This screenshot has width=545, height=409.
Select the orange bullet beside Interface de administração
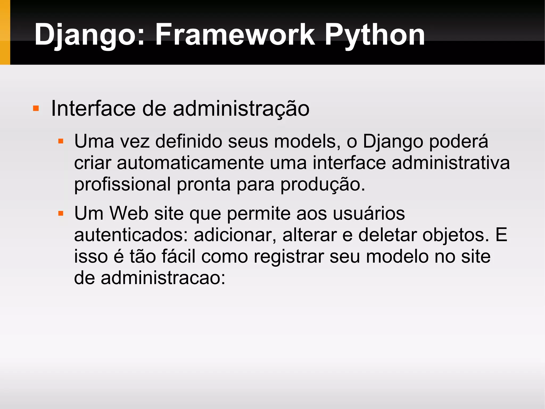(x=36, y=108)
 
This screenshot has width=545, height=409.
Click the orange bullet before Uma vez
(x=61, y=141)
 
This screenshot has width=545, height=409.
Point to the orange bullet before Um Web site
(x=61, y=213)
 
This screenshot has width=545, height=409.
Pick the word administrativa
(x=451, y=163)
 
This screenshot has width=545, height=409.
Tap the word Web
(x=129, y=213)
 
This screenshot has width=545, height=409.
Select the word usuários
(x=369, y=213)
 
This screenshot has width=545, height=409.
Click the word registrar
(x=289, y=257)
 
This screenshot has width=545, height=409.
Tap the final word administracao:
(x=163, y=278)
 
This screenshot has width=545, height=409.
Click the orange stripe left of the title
(x=5, y=32)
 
